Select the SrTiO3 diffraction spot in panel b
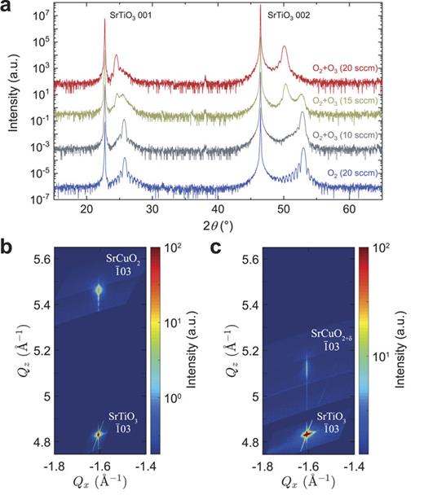point(98,435)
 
